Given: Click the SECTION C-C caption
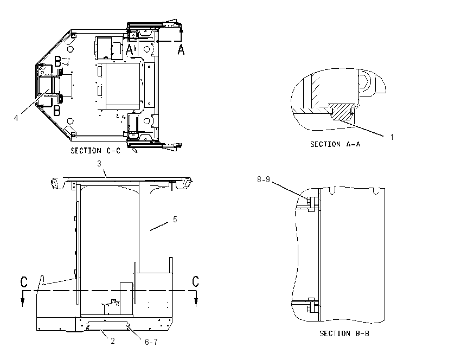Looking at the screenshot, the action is pyautogui.click(x=95, y=151).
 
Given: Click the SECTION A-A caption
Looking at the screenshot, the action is pyautogui.click(x=335, y=144).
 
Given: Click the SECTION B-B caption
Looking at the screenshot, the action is pyautogui.click(x=344, y=333).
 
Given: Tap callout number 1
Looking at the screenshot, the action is pyautogui.click(x=392, y=137).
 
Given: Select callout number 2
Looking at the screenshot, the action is pyautogui.click(x=113, y=341).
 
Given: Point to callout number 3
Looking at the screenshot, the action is pyautogui.click(x=99, y=164).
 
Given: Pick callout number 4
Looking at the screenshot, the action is pyautogui.click(x=16, y=118).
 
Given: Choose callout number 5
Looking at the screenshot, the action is pyautogui.click(x=175, y=220).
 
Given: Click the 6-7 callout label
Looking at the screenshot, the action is pyautogui.click(x=151, y=342).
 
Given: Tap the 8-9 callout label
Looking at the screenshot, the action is pyautogui.click(x=264, y=179).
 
